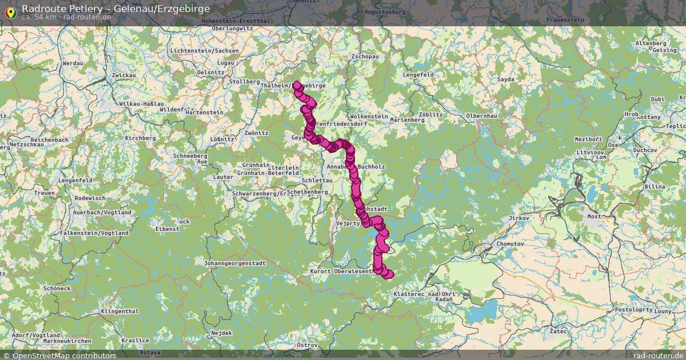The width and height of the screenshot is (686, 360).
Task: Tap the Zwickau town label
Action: (124, 75)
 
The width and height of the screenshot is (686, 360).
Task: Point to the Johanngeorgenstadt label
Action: (234, 263)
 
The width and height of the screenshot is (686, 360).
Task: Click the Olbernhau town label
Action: (482, 115)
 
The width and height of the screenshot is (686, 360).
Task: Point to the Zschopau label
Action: (365, 57)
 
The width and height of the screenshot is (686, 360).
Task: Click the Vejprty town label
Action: (348, 223)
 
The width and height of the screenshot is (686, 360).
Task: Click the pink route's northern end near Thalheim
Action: (297, 85)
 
